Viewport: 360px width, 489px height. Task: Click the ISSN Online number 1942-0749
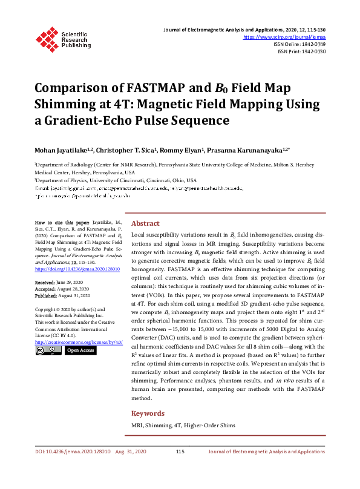pos(312,44)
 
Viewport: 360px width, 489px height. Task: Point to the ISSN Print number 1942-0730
pos(312,51)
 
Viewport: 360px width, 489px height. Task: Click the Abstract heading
pos(145,223)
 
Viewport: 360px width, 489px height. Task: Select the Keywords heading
pos(148,413)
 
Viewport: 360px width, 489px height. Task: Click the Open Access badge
pos(80,350)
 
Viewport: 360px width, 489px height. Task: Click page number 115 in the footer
pos(180,451)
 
